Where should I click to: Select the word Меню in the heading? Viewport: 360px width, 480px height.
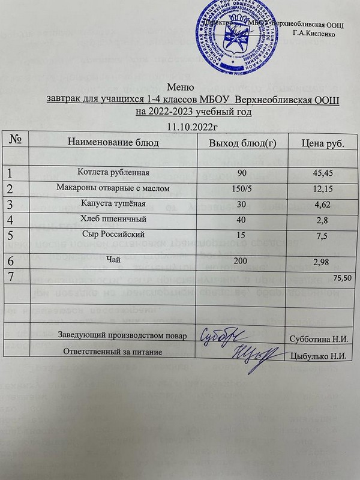click(181, 86)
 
